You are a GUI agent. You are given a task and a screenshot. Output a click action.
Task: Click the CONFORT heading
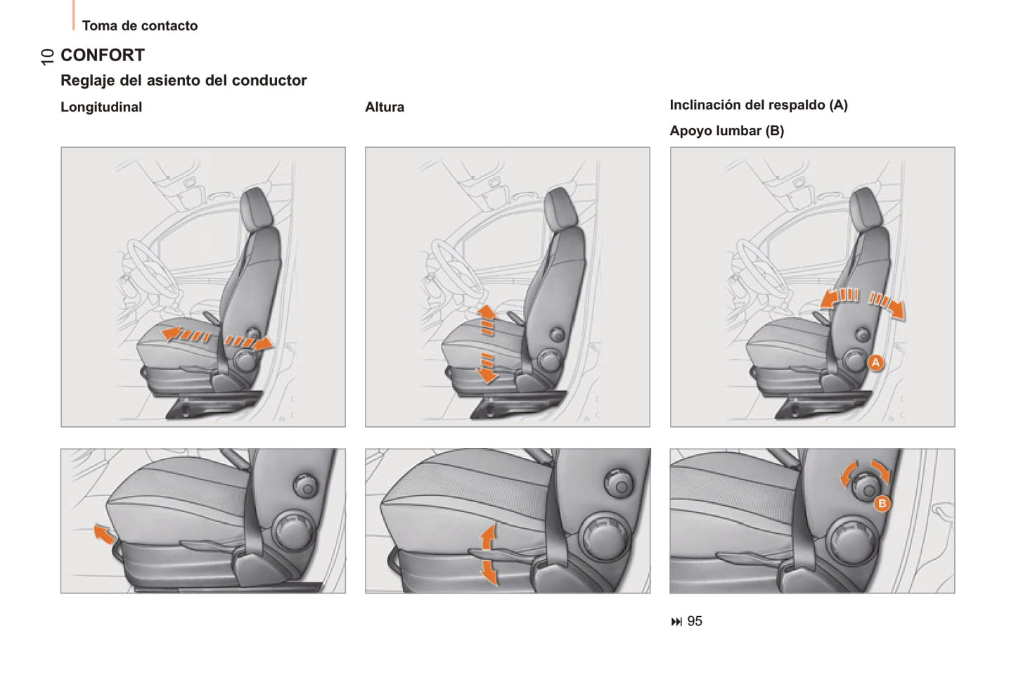(x=103, y=55)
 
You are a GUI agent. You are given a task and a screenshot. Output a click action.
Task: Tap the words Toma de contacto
(x=140, y=25)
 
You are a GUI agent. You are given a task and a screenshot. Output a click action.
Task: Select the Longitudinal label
(x=101, y=107)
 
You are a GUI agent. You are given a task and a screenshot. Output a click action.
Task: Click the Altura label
(x=385, y=107)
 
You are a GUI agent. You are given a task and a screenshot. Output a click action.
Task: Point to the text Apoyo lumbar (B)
(x=726, y=131)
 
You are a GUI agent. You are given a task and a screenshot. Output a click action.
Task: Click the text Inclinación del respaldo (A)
(x=759, y=105)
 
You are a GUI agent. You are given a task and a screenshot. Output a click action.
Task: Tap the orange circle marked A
(x=875, y=363)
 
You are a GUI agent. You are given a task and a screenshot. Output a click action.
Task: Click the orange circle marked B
(x=882, y=504)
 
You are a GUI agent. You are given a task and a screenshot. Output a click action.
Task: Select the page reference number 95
(x=695, y=621)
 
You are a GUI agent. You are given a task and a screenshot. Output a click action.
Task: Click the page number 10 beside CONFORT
(x=47, y=57)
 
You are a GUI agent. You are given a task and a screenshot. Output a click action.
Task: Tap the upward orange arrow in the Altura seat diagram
(x=487, y=320)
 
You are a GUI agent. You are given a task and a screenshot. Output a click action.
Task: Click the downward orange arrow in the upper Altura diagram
(x=487, y=368)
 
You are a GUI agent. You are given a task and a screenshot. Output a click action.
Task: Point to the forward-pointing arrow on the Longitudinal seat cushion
(x=186, y=335)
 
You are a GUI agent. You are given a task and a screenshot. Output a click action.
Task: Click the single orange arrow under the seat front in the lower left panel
(x=104, y=534)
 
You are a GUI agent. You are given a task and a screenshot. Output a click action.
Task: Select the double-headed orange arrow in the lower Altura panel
(x=488, y=555)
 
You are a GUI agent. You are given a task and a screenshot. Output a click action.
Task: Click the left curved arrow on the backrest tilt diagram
(x=839, y=298)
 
